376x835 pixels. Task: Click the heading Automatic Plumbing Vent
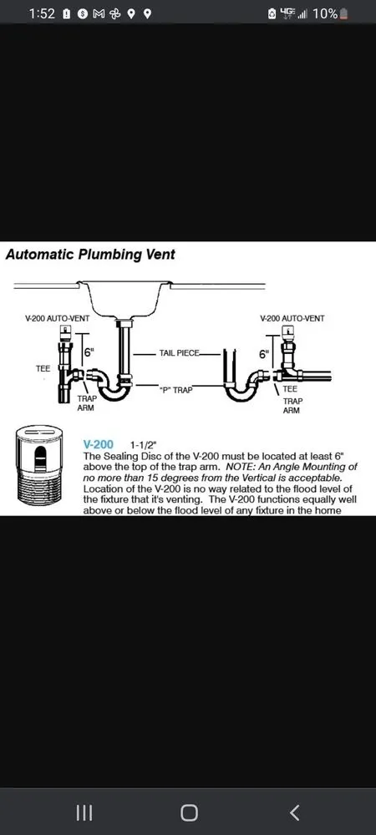90,255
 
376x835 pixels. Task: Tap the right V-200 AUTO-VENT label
292,319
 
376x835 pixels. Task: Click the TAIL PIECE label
179,353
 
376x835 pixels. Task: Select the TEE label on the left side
43,367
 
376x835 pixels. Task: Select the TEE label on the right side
290,388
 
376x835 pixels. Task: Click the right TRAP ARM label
292,405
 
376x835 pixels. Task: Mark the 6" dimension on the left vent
88,352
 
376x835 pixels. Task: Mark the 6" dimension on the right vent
264,354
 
